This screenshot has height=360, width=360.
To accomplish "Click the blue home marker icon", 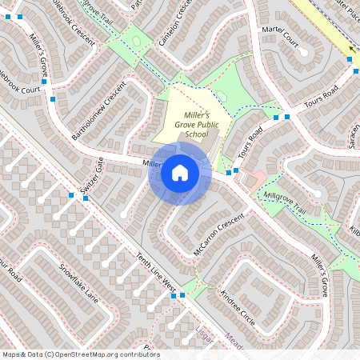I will point(180,173).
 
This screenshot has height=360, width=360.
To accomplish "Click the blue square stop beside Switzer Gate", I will point(72,195).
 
